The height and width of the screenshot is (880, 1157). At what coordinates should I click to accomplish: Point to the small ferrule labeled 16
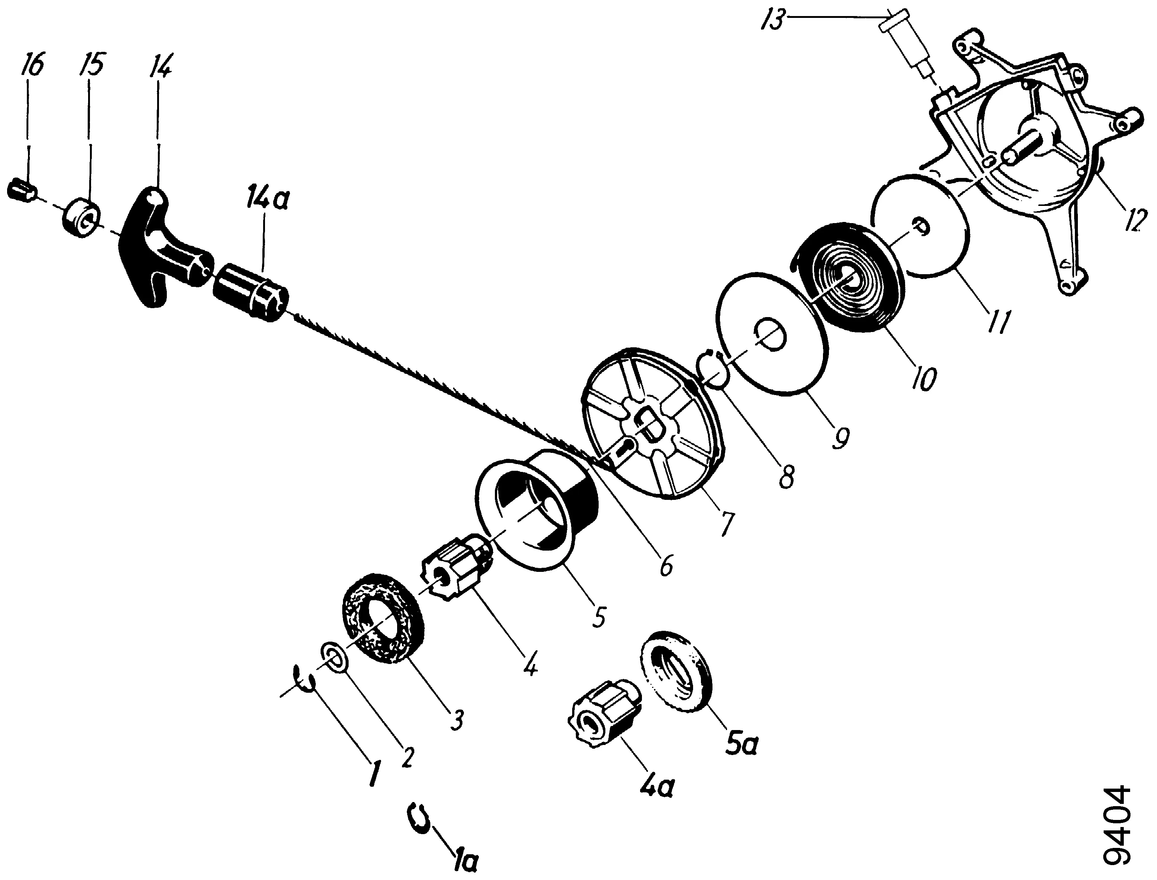pyautogui.click(x=22, y=189)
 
